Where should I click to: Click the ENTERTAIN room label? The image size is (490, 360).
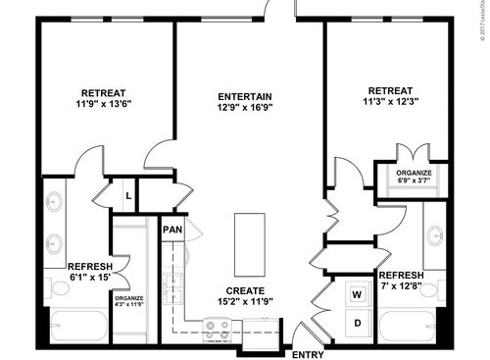pos(244,96)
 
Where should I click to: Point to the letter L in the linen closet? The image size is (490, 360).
pos(128,195)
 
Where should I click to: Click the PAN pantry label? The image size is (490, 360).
pos(172,230)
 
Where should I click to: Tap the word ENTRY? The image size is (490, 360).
pos(309,353)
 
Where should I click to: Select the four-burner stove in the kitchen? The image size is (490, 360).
pos(217,329)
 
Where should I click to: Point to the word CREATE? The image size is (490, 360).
pos(244,291)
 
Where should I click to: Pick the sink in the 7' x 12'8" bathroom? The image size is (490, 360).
pos(434,235)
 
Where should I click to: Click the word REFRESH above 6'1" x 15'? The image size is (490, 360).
pos(90,266)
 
